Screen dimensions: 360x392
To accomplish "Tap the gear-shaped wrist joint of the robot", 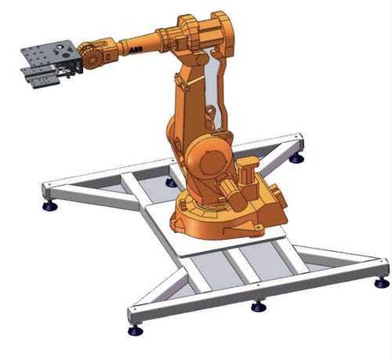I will (89, 56).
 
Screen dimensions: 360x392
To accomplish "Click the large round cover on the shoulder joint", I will (206, 161).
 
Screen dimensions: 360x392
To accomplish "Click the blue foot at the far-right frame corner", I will (382, 282).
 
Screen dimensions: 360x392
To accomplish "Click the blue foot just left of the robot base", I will (171, 182).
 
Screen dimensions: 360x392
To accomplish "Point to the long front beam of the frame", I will (259, 286).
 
